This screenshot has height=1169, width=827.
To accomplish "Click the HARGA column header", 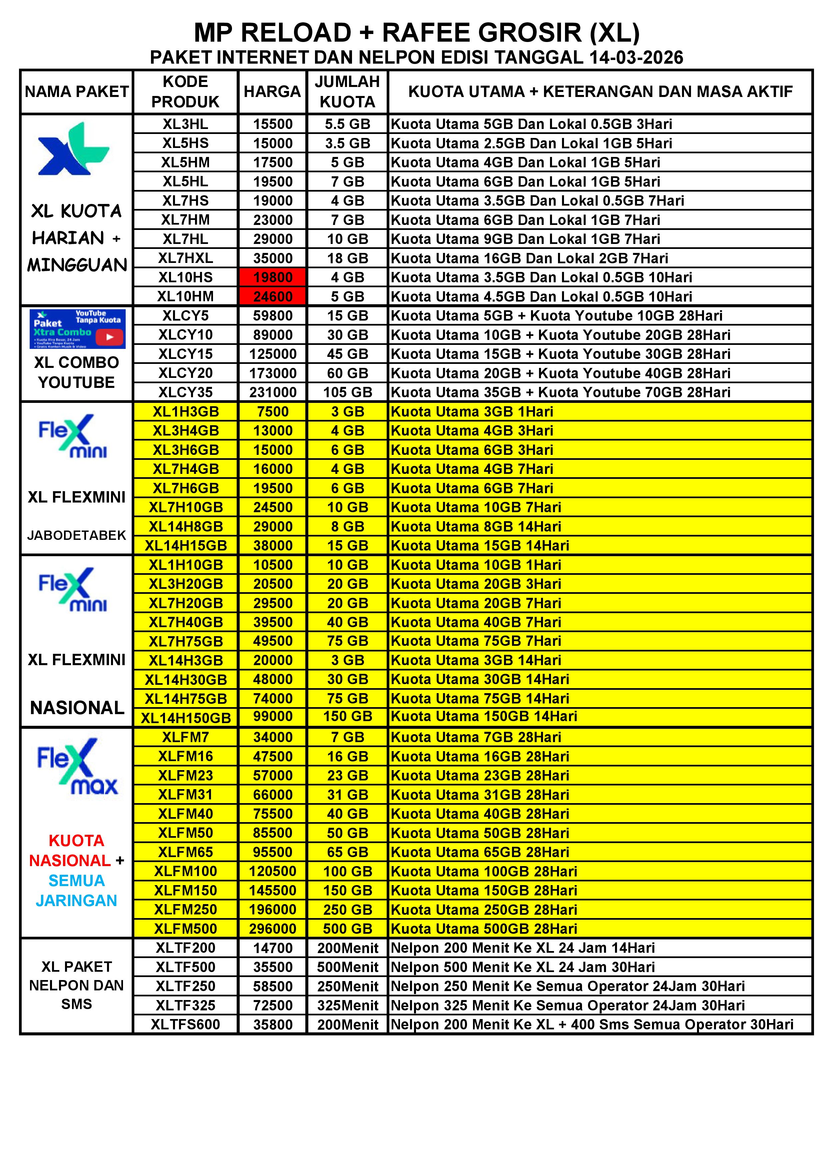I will (272, 92).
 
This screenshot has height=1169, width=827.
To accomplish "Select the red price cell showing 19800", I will (272, 278).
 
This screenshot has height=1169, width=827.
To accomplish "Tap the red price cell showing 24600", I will (272, 296).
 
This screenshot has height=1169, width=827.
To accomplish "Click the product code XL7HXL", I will (185, 258).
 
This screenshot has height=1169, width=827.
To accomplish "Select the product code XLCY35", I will (185, 392).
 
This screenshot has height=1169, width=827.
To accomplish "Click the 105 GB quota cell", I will (347, 392).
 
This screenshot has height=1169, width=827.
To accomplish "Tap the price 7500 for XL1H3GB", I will (272, 412).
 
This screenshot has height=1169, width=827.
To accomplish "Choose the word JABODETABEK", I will (76, 535).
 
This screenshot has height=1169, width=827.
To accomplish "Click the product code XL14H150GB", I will (185, 718).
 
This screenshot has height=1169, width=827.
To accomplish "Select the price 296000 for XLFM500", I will (272, 929).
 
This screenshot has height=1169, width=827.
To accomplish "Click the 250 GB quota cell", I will (347, 909).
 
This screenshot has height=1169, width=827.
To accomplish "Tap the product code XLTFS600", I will (185, 1024).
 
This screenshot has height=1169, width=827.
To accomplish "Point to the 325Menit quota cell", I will (347, 1005).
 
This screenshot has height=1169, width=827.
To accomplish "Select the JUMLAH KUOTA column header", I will (347, 92).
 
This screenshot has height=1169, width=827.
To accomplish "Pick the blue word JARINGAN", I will (76, 900).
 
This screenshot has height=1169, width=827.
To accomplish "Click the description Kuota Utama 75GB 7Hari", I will (476, 641).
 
